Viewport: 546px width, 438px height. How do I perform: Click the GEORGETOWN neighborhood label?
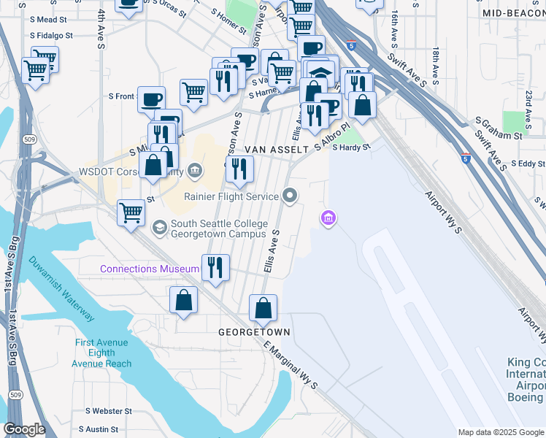pos(255,332)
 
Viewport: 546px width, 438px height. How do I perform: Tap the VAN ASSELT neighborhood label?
pos(277,149)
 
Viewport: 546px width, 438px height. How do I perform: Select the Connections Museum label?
pos(150,269)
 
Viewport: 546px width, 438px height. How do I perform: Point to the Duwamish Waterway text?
pos(62,289)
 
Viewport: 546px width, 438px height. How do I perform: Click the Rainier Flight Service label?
pos(231,196)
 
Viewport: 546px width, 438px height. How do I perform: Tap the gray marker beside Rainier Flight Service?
pos(291,196)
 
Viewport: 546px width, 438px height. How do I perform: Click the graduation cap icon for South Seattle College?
pos(158,229)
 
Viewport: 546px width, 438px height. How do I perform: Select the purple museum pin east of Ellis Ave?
pos(328,218)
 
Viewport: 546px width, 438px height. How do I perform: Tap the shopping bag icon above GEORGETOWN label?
pos(264,307)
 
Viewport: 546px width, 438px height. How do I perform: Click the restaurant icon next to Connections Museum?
pos(215,267)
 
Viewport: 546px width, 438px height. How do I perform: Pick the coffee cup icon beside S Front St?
pos(152,99)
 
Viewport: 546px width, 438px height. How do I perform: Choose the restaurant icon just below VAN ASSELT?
pos(239,169)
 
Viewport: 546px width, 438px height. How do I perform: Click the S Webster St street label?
pos(109,412)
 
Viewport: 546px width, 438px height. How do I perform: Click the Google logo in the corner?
pos(24,429)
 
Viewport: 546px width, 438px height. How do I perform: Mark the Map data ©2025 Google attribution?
pos(500,432)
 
